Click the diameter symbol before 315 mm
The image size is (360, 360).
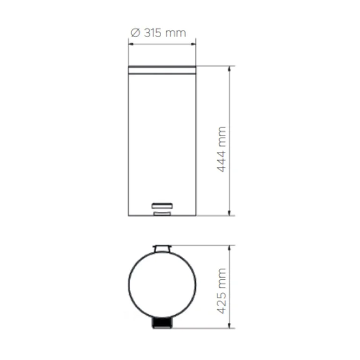pos(135,33)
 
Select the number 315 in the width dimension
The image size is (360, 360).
pos(153,33)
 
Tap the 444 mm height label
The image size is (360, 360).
pos(222,149)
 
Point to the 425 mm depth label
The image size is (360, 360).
pos(222,291)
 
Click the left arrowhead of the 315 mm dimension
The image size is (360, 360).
pos(131,44)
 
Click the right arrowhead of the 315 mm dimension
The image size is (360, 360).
pos(193,44)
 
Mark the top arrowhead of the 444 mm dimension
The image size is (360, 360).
pos(229,69)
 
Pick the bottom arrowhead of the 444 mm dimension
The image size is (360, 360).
pos(229,213)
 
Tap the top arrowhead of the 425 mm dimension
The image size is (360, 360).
pos(229,248)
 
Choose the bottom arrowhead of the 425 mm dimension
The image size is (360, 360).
pos(229,325)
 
